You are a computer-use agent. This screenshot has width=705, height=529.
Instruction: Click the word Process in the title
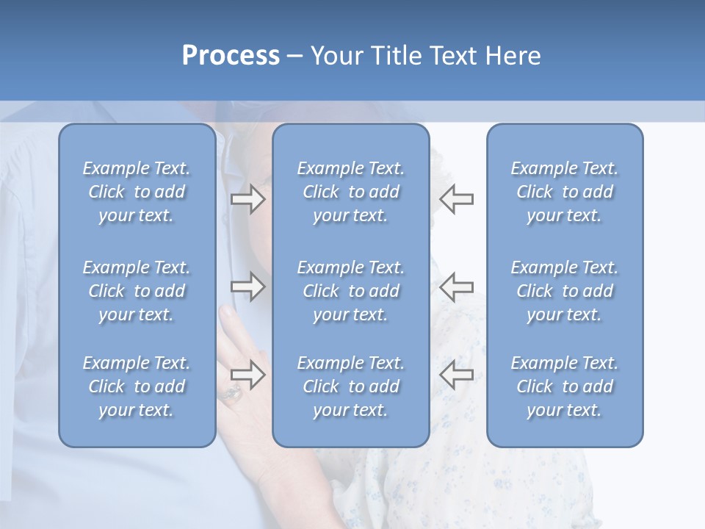(x=231, y=56)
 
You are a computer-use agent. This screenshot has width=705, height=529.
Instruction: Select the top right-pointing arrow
(x=248, y=199)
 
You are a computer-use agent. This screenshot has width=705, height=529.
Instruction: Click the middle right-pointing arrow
(x=248, y=287)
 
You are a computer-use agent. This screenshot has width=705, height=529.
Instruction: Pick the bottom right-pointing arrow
(x=248, y=374)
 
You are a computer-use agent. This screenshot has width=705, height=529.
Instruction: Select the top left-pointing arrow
(x=456, y=199)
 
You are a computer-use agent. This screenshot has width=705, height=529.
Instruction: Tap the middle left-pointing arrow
(x=456, y=287)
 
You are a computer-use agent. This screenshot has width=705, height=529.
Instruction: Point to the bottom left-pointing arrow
(x=456, y=374)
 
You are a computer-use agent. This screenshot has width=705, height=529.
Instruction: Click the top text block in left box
(x=137, y=192)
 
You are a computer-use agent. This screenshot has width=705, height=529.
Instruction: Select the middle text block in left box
(x=137, y=291)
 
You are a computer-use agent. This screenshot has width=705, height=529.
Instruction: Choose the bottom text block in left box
(x=137, y=386)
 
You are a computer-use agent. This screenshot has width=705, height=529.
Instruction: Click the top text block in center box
(x=351, y=192)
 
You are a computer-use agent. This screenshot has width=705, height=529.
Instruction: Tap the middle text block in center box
(x=351, y=291)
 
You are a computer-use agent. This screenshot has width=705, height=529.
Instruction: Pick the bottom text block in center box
(x=351, y=386)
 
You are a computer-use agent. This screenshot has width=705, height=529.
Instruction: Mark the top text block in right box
(x=565, y=192)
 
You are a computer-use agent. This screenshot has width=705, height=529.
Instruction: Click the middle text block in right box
(x=565, y=291)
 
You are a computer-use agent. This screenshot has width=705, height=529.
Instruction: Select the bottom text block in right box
(x=565, y=386)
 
